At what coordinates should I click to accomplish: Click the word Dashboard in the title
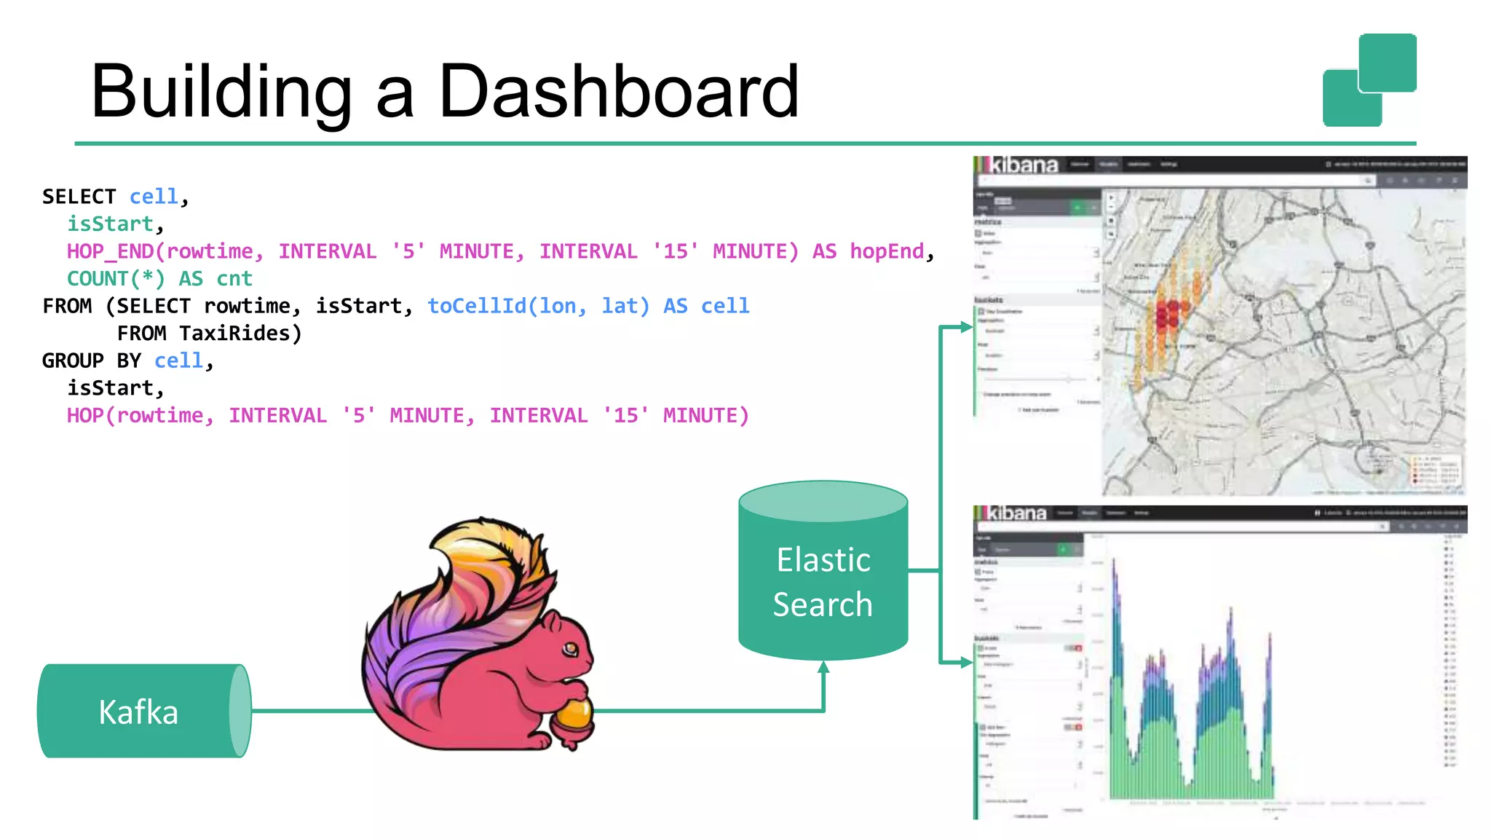[x=619, y=92]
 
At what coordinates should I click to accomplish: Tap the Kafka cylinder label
[x=138, y=712]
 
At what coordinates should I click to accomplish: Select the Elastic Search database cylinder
[x=823, y=575]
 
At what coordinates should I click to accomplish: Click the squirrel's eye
[x=571, y=647]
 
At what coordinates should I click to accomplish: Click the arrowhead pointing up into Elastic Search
[x=823, y=667]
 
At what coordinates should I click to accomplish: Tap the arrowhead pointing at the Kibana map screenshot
[x=966, y=327]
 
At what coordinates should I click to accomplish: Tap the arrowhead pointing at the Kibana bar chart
[x=966, y=662]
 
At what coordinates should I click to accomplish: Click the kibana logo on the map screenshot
[x=1022, y=165]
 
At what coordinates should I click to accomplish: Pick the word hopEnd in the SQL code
[x=887, y=251]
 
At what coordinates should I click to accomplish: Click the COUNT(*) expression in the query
[x=116, y=279]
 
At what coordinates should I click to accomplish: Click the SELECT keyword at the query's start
[x=79, y=197]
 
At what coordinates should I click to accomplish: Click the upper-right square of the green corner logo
[x=1388, y=63]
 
